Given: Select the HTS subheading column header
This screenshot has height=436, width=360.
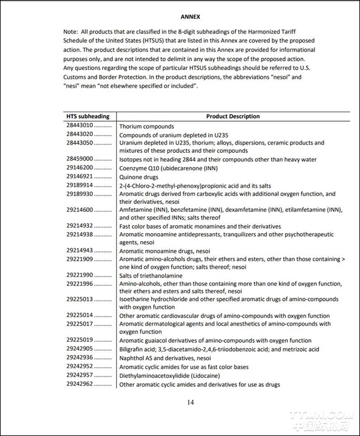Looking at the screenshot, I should tap(88, 116).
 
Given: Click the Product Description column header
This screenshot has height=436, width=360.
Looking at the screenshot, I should tap(233, 116).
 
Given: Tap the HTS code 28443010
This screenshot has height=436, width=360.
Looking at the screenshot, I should tap(79, 127).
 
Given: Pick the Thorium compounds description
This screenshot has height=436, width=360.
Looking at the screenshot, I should tap(146, 127).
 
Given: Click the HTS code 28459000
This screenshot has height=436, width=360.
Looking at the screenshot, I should tap(79, 160).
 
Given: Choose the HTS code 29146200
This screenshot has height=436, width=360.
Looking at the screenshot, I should tap(79, 168).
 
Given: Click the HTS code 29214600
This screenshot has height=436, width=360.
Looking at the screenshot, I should tap(79, 210).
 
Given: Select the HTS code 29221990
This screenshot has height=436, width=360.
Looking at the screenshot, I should tap(79, 275).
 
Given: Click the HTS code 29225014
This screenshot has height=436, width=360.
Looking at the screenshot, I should tap(79, 315).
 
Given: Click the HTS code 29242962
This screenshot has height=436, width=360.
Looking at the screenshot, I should tap(79, 384).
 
